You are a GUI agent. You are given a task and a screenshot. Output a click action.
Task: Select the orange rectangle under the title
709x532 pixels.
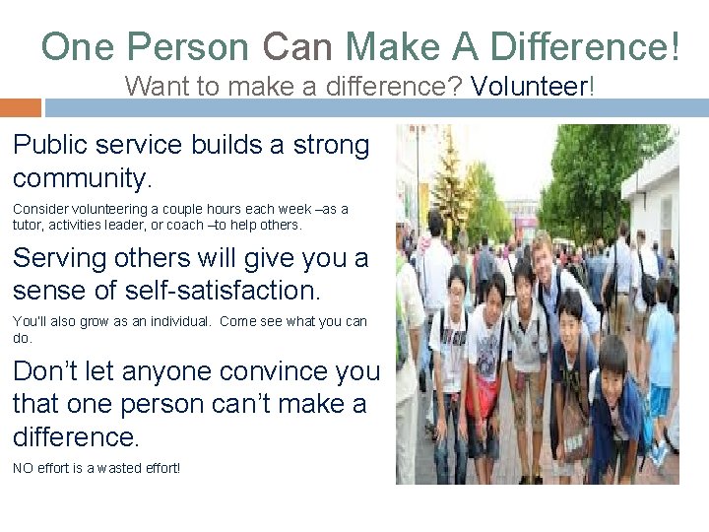pos(21,107)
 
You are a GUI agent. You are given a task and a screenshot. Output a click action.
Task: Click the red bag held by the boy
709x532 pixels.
pos(482,394)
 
